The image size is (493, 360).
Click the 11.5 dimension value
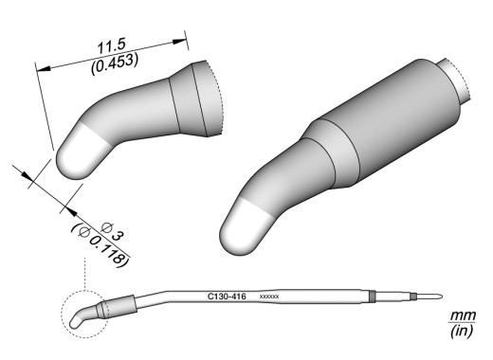point(111,46)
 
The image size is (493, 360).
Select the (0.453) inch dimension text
point(115,63)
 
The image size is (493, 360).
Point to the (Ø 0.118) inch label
point(101,245)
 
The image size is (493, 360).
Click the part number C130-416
point(227,297)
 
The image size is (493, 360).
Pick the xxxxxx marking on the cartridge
point(269,297)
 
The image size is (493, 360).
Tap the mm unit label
point(463,315)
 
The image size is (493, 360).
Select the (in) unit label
point(462,331)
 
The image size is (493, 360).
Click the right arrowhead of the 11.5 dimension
point(179,42)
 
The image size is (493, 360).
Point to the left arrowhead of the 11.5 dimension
point(43,68)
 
